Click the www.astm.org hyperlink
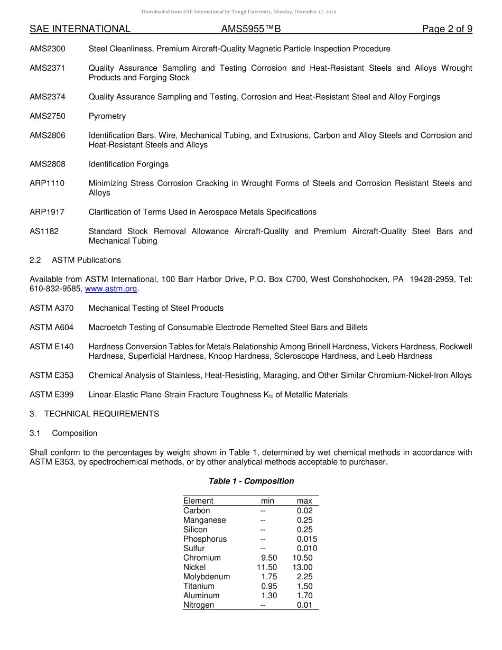(x=111, y=289)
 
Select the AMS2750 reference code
(x=48, y=116)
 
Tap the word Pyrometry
(x=107, y=116)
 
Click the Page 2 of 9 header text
(x=447, y=29)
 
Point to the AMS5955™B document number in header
(x=251, y=29)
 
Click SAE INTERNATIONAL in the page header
(x=80, y=29)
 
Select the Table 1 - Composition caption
(x=251, y=481)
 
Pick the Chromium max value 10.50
(x=302, y=558)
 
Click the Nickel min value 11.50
(x=267, y=568)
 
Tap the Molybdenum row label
(x=207, y=577)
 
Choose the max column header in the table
(x=304, y=501)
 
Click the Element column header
(x=198, y=501)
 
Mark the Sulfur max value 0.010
(x=306, y=549)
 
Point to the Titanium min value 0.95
(x=269, y=587)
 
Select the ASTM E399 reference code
(x=52, y=395)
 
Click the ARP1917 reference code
(x=47, y=212)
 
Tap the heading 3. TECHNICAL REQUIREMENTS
(x=94, y=414)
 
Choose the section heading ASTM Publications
(x=86, y=261)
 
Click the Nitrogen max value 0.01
(x=304, y=606)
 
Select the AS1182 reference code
(x=44, y=231)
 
